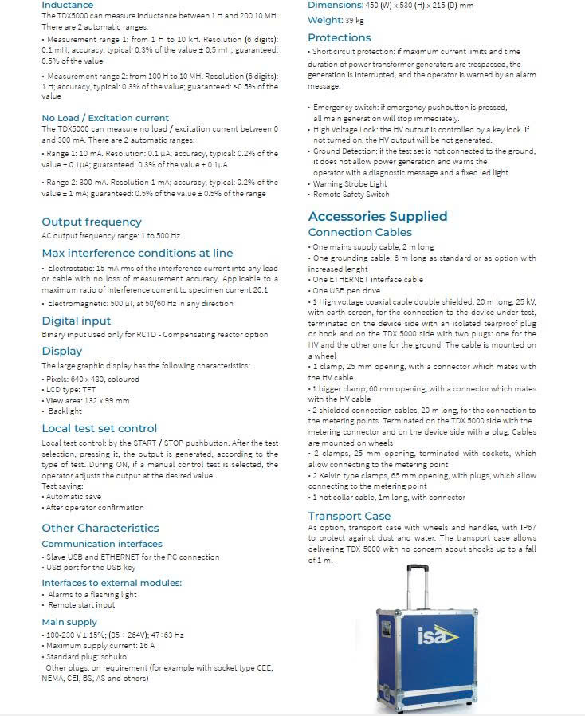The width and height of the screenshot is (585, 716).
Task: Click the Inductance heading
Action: click(67, 5)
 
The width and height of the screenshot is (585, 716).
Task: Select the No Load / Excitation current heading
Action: click(105, 118)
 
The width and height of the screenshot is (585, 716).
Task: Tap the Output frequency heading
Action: click(92, 222)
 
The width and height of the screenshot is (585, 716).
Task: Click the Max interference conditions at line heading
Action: click(137, 253)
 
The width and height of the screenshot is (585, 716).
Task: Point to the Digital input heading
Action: click(77, 321)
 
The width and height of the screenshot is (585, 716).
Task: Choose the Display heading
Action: click(61, 351)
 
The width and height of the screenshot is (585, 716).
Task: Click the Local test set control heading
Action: click(100, 428)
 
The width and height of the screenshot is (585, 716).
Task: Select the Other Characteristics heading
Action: click(100, 528)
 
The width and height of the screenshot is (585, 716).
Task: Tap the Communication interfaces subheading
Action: click(102, 544)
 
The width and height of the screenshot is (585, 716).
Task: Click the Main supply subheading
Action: click(69, 622)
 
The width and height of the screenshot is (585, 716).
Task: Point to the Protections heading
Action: click(340, 37)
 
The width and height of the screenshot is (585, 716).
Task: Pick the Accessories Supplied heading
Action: click(378, 216)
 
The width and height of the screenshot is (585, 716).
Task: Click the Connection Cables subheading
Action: click(360, 232)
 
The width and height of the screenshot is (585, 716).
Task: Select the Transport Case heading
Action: click(350, 516)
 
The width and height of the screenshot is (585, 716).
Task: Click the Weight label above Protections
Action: click(325, 19)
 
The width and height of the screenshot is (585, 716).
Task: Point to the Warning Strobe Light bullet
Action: click(349, 183)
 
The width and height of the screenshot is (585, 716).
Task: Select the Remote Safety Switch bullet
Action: click(351, 194)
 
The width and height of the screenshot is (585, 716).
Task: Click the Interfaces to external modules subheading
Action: click(112, 583)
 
